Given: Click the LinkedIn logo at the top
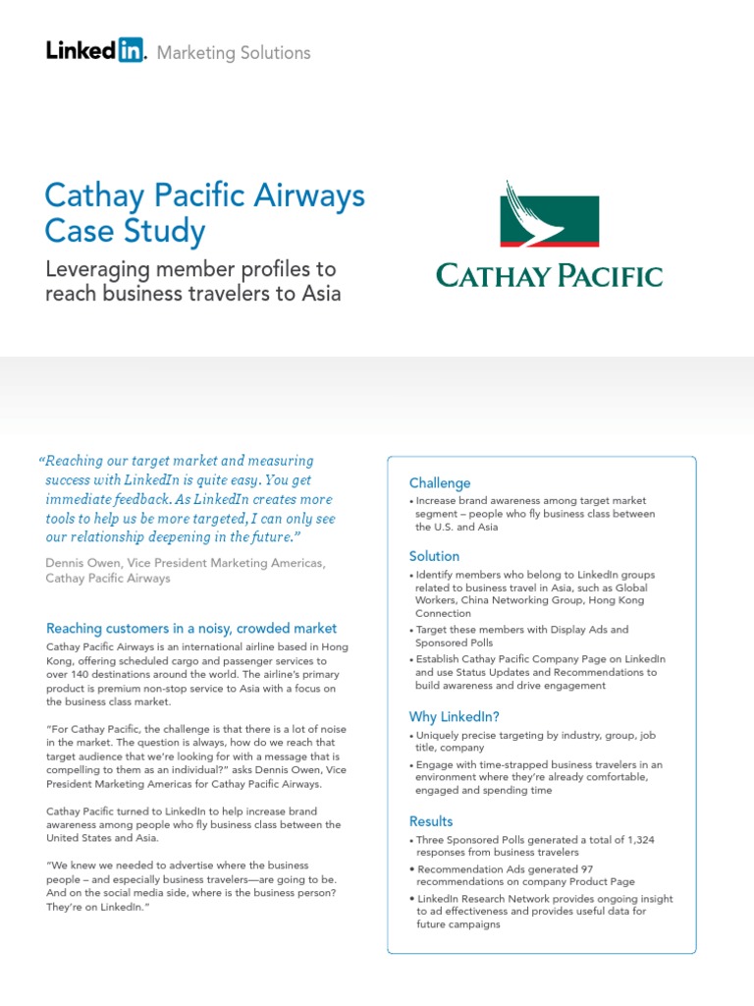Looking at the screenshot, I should (95, 51).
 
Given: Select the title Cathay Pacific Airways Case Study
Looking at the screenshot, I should (204, 213).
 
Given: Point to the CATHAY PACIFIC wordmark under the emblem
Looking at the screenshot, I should (549, 275).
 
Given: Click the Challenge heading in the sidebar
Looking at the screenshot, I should (440, 483).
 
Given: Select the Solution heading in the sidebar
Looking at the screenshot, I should (434, 556).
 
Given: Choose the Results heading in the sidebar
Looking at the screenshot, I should (431, 821).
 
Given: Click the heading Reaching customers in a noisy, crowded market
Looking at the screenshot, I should (191, 628).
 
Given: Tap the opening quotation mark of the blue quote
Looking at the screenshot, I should (41, 462).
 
